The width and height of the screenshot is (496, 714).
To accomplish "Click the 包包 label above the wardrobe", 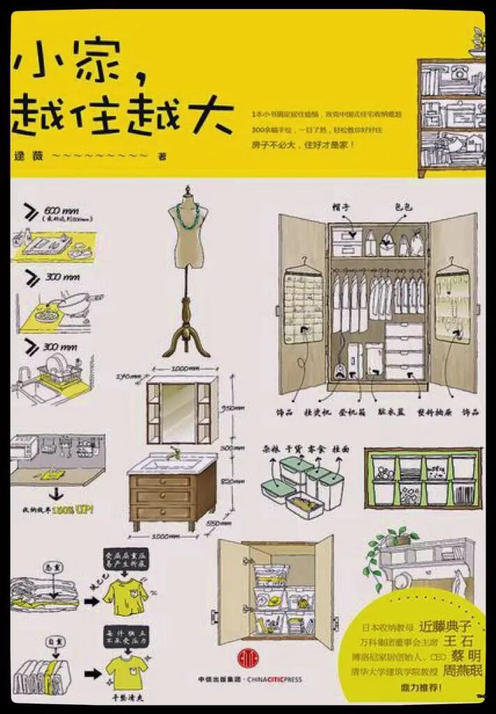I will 404,207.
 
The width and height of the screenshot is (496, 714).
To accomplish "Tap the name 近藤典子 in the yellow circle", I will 446,625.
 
